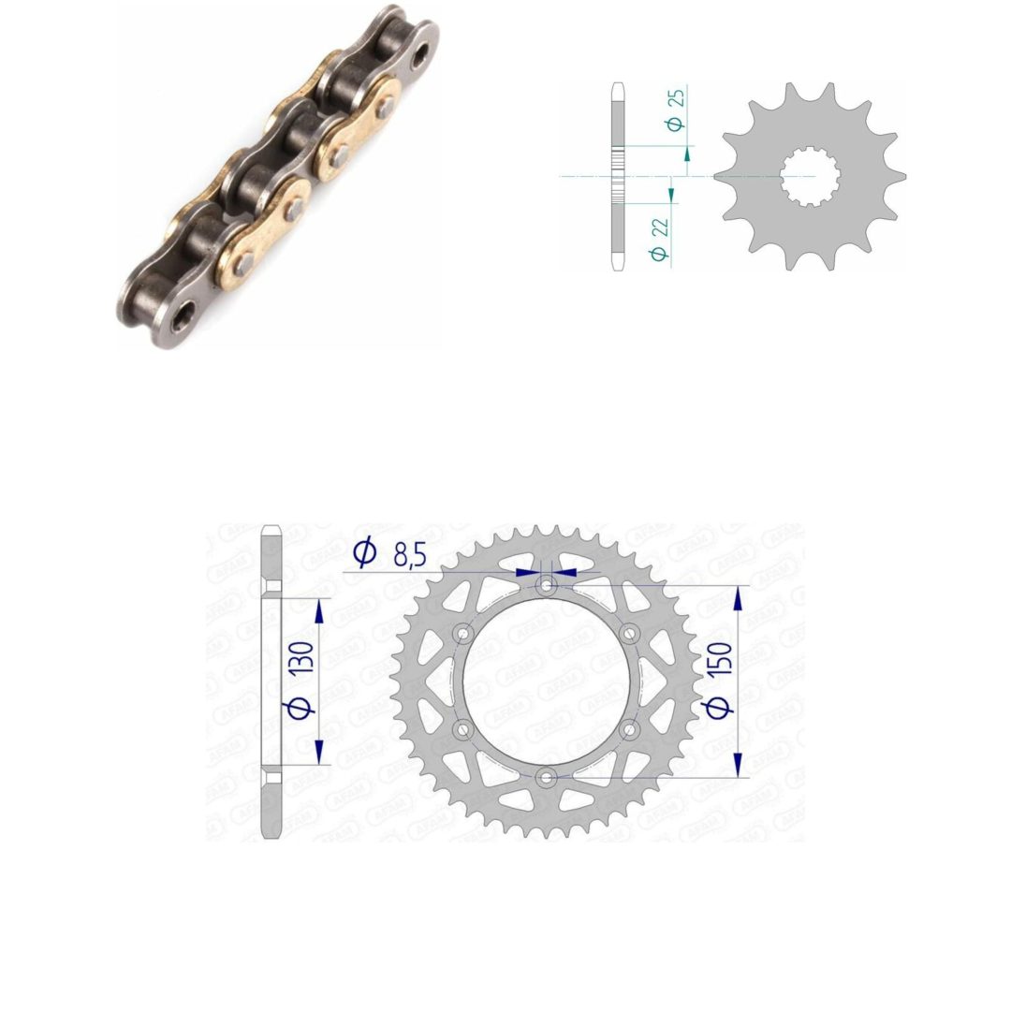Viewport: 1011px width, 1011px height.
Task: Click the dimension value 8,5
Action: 409,554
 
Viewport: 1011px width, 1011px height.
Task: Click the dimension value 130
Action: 302,658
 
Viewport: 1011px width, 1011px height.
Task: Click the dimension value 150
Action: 720,658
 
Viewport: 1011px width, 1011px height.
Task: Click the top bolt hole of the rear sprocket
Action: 547,586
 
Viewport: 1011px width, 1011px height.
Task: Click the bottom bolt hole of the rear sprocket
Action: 547,778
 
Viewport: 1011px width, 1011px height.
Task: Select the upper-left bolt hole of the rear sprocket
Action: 463,635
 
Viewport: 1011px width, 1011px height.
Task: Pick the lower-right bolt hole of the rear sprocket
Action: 630,730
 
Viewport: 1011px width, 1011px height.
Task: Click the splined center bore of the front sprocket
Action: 810,176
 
